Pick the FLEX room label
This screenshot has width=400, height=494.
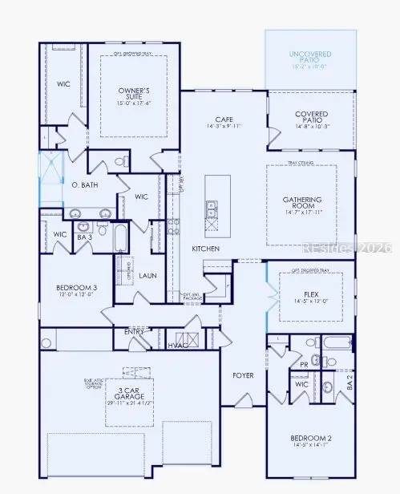(x=312, y=295)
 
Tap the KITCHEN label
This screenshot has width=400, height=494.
(x=205, y=249)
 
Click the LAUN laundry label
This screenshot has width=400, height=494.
(x=147, y=275)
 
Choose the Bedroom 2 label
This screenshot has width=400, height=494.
(x=311, y=437)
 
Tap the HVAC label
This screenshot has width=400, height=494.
(x=177, y=345)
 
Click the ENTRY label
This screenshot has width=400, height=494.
(x=135, y=331)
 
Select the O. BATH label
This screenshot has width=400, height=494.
(x=84, y=184)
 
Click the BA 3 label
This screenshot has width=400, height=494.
(x=83, y=237)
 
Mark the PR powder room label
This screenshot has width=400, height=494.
(x=303, y=363)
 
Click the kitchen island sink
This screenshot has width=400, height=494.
(x=212, y=210)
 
